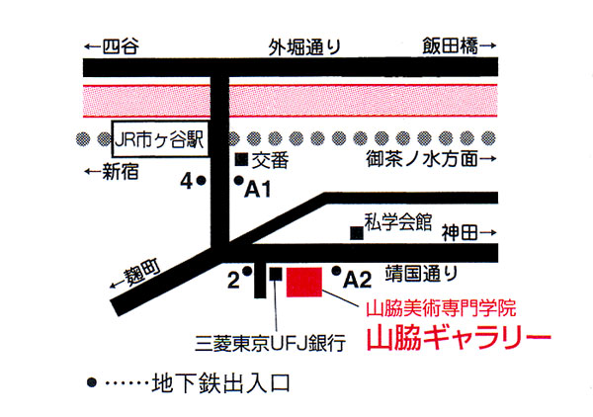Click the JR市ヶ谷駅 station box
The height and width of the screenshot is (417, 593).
pos(159,138)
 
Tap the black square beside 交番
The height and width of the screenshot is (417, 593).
pos(240,159)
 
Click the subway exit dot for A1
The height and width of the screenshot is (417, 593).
pos(238,181)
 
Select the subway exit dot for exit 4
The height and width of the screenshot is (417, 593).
pos(201,181)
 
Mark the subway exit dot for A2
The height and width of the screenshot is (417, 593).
pos(337,271)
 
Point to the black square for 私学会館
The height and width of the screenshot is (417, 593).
pos(356,232)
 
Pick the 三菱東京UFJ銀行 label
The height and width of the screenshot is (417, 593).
pos(270,344)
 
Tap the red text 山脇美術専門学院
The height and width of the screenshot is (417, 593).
pos(442,308)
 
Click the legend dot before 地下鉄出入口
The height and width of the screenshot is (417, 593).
pos(92,381)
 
